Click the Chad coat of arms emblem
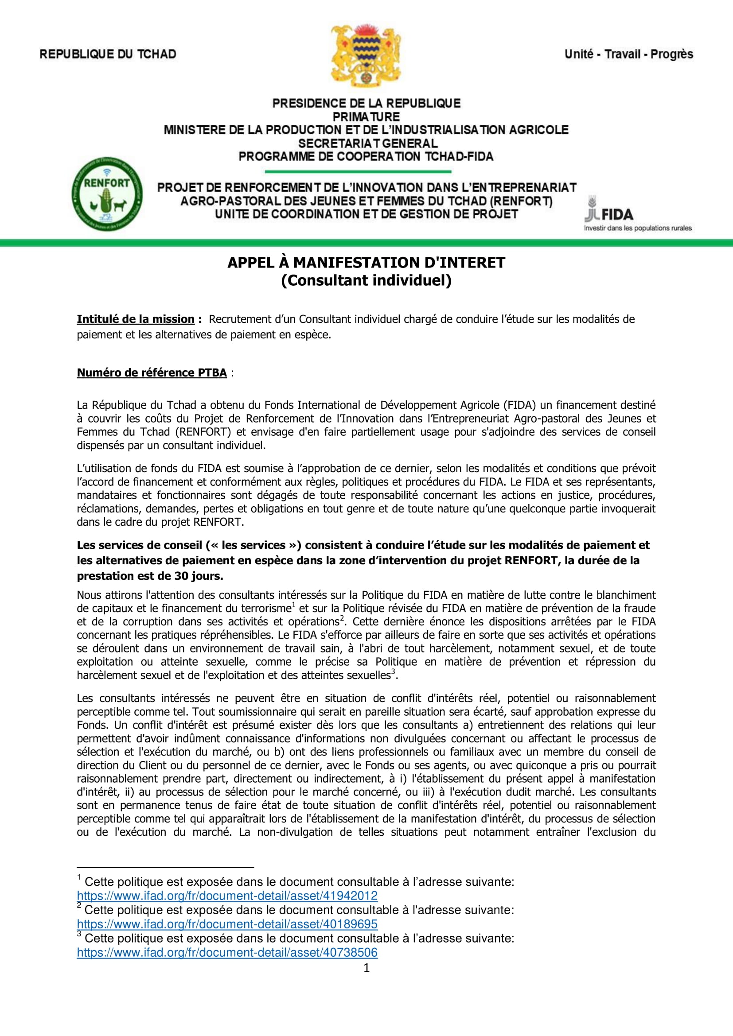tap(366, 55)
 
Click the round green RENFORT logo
tap(107, 194)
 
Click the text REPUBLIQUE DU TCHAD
tap(108, 54)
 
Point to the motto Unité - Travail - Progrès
tap(628, 54)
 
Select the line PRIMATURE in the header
tap(366, 117)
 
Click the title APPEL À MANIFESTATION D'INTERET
tap(366, 263)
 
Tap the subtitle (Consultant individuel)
tap(366, 280)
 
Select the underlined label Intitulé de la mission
tap(136, 319)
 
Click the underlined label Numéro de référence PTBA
tap(152, 372)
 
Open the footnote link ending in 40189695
tap(227, 924)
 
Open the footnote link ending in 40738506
tap(227, 952)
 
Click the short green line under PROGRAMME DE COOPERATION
tap(358, 171)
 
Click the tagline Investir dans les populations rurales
tap(637, 228)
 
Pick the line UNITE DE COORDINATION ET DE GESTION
tap(366, 214)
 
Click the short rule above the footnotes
tap(165, 867)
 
